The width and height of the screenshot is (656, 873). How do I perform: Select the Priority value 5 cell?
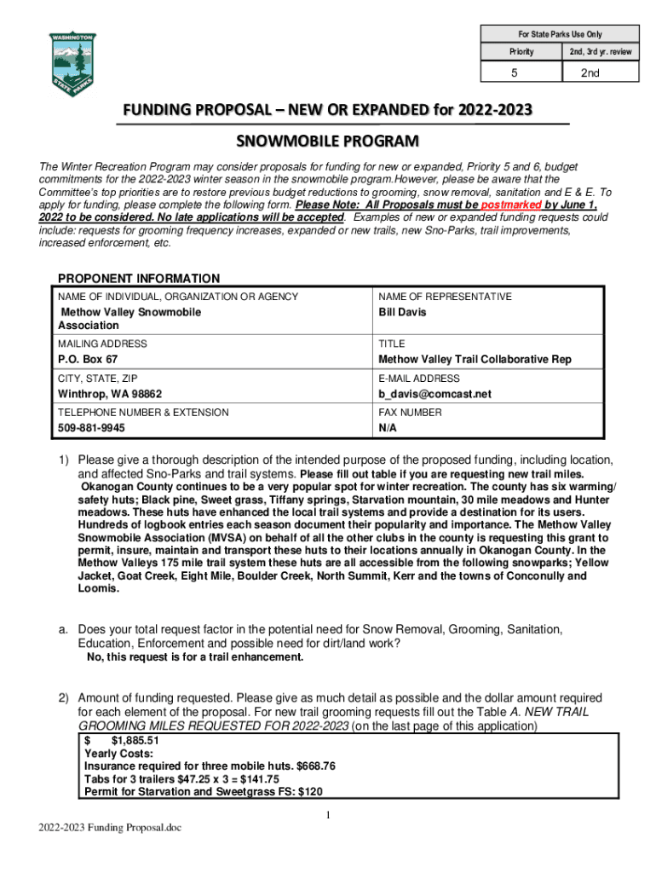coord(521,73)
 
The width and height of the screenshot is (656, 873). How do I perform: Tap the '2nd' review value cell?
coord(601,73)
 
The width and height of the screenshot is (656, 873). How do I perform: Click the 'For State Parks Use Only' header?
coord(560,34)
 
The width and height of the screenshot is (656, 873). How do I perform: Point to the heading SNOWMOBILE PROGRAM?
coord(327,140)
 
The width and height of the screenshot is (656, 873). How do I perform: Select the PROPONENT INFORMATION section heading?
coord(138,279)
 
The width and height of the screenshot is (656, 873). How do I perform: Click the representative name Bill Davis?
coord(402,312)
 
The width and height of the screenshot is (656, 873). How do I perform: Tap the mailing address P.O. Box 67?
coord(88,360)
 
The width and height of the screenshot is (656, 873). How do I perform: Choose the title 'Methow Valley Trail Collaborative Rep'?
coord(475,360)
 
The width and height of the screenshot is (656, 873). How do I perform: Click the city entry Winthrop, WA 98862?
coord(109,394)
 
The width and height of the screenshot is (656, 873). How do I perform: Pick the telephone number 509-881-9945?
coord(91,428)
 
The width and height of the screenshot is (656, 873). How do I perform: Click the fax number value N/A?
coord(388,428)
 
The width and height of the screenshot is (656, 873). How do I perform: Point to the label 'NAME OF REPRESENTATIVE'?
coord(445,297)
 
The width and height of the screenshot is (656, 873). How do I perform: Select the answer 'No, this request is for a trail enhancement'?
coord(196,657)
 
